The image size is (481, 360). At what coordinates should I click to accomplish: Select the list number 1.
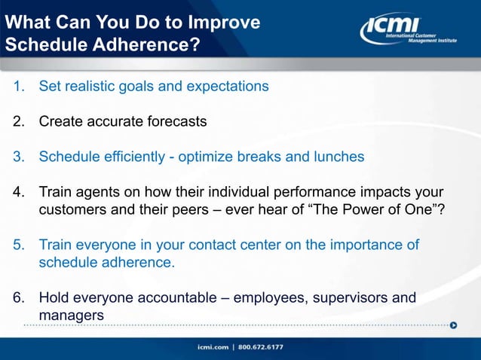[x=19, y=86]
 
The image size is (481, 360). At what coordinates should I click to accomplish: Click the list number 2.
[x=19, y=121]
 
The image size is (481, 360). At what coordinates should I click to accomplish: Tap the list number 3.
[x=19, y=157]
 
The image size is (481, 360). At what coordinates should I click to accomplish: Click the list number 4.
[x=19, y=192]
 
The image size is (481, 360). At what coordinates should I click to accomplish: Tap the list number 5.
[x=19, y=246]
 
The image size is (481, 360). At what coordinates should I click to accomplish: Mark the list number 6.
[x=19, y=297]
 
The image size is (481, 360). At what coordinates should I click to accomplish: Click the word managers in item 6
[x=71, y=316]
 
